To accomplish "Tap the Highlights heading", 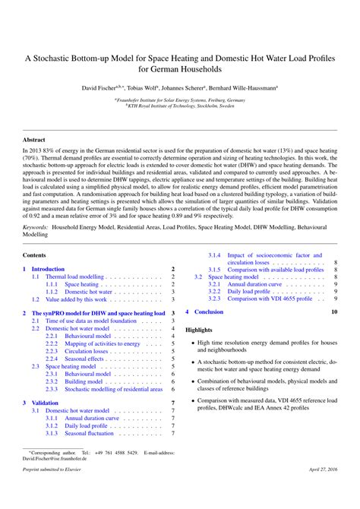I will (199, 330).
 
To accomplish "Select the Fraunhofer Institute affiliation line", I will (179, 100).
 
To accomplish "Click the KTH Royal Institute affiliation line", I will (179, 106).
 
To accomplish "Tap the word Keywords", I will (39, 227).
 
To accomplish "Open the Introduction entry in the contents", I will (48, 269).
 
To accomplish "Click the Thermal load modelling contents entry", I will (74, 277).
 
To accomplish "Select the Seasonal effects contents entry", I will (84, 359).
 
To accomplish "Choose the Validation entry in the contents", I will (45, 403).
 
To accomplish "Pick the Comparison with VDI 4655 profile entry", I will (260, 299).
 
